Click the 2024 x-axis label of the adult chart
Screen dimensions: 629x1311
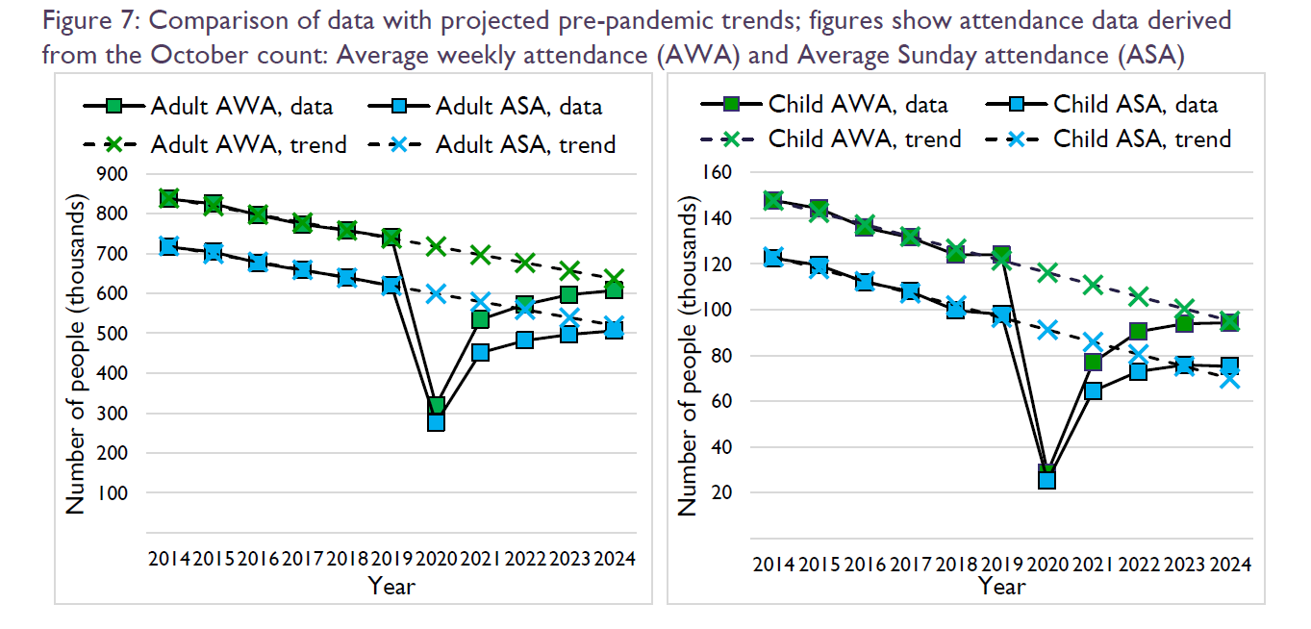(614, 558)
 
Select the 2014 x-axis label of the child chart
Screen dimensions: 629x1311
(772, 564)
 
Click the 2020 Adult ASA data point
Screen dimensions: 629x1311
(436, 421)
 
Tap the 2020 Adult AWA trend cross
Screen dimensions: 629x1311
(436, 247)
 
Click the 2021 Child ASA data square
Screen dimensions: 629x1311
(1093, 390)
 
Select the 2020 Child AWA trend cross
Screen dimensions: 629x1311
(1047, 273)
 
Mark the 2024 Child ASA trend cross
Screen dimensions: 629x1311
(1228, 379)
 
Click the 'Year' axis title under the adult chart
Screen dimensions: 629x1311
(391, 585)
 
